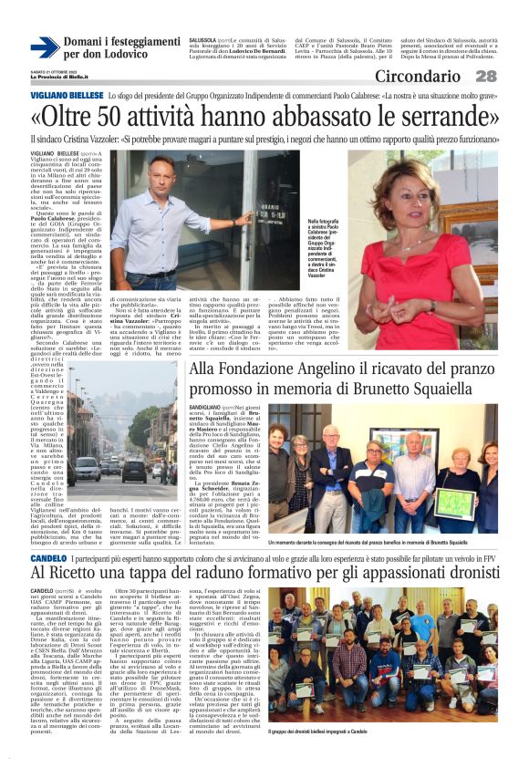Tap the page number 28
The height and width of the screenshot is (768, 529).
pyautogui.click(x=485, y=76)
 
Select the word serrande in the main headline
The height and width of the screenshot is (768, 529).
pyautogui.click(x=437, y=118)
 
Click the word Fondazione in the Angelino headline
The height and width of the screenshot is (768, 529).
pyautogui.click(x=270, y=370)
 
